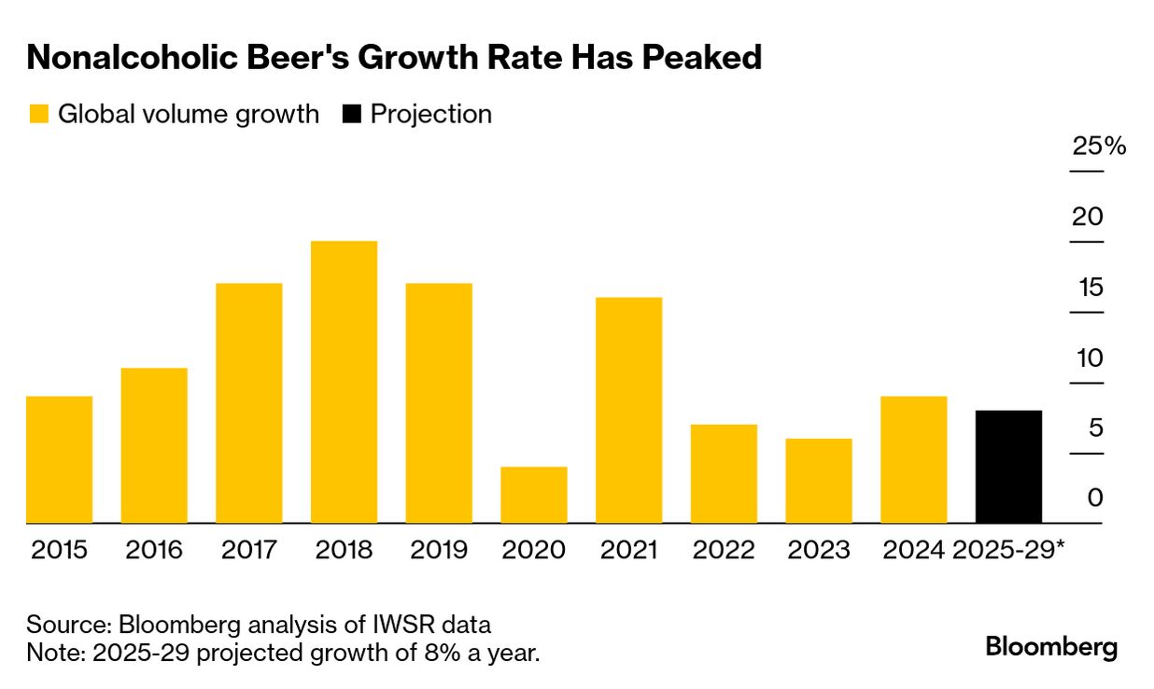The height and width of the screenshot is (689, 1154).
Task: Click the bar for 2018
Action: [x=344, y=382]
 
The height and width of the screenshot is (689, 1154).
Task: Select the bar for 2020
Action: [x=533, y=495]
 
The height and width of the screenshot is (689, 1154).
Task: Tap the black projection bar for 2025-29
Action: [x=1008, y=467]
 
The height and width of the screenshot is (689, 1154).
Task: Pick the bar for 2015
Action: [x=59, y=459]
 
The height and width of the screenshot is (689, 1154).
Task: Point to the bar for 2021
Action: [x=628, y=410]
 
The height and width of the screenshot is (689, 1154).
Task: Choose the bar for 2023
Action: [x=819, y=481]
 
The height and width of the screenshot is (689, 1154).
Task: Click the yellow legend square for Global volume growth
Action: [x=38, y=115]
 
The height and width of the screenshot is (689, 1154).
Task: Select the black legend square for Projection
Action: [x=351, y=115]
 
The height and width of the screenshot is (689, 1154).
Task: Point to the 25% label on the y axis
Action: [x=1099, y=147]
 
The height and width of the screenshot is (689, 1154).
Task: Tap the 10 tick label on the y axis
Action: [x=1090, y=359]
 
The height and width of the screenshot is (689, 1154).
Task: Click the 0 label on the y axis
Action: [x=1095, y=498]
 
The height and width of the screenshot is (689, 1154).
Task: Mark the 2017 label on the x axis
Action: [x=248, y=550]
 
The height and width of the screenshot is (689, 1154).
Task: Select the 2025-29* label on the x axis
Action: [x=1008, y=550]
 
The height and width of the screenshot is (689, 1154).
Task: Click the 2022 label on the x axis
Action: [x=724, y=550]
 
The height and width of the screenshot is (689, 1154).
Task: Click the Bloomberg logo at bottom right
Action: [x=1051, y=647]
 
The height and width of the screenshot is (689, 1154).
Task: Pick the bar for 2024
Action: [x=913, y=459]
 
